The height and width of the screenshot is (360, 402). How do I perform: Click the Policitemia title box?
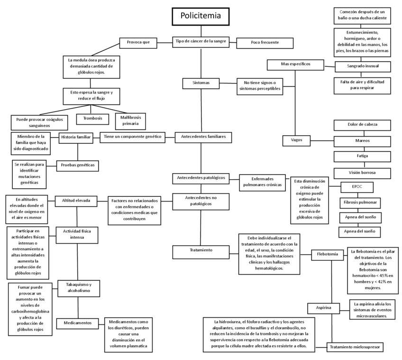(201, 16)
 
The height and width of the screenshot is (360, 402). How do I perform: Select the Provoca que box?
(138, 42)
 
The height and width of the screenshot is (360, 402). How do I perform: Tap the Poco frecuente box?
(265, 43)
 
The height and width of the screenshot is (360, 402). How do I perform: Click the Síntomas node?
(200, 83)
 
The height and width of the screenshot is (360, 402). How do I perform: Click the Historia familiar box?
(75, 137)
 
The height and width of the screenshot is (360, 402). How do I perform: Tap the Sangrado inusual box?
(363, 66)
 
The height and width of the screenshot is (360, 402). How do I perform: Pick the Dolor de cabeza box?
(363, 125)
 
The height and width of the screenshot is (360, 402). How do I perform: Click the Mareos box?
(363, 141)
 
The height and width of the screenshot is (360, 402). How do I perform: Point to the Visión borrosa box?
(363, 172)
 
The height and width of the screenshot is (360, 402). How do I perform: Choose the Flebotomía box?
(327, 254)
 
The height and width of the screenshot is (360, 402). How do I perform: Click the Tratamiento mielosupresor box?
(355, 347)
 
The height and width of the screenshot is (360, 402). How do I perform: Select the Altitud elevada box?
(76, 200)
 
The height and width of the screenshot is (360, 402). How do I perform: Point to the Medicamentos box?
(77, 323)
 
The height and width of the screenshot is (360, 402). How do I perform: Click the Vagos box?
(297, 140)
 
